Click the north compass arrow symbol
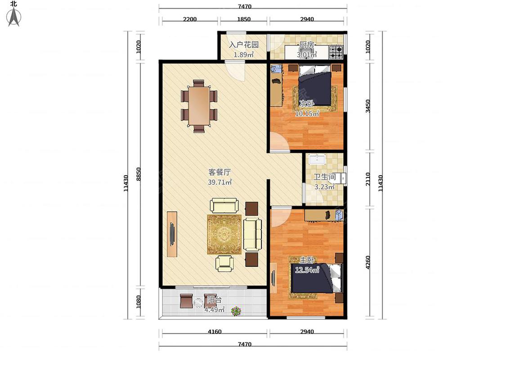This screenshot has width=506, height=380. [13, 17]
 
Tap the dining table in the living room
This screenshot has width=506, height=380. [199, 106]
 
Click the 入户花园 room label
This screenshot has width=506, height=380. [244, 45]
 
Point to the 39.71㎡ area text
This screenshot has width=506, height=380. [220, 182]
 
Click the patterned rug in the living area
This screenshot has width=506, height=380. [224, 234]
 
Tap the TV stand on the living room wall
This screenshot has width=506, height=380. [172, 234]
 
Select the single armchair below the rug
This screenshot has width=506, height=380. [224, 263]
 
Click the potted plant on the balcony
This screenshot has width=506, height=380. [236, 311]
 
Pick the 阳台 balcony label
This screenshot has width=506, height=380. [214, 299]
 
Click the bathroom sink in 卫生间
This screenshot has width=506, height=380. [318, 158]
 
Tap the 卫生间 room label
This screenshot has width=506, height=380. [325, 177]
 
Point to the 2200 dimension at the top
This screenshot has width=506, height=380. [190, 19]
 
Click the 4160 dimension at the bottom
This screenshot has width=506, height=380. [215, 331]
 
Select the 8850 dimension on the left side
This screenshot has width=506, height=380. [139, 174]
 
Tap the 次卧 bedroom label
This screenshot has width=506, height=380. [307, 104]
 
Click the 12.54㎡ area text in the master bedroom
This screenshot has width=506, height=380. [307, 270]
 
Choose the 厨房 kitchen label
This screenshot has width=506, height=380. [307, 45]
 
